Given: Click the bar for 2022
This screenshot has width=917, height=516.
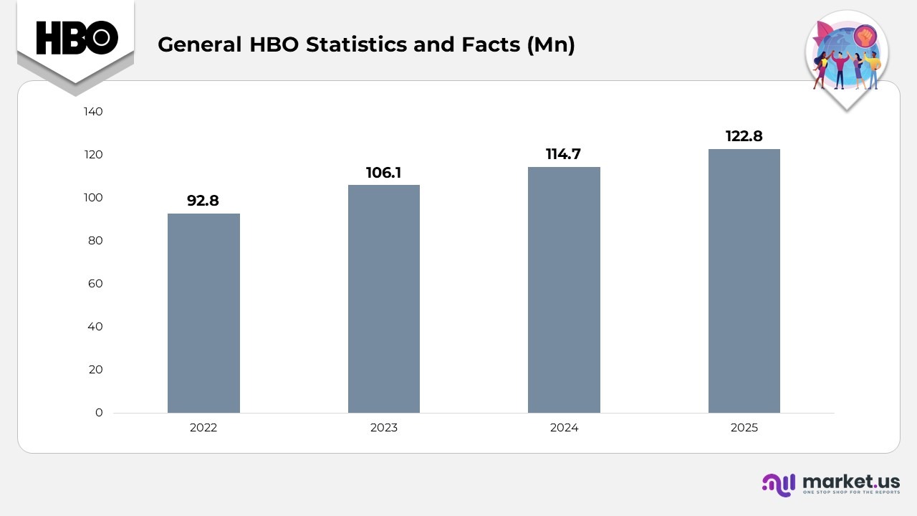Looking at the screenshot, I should pos(203,313).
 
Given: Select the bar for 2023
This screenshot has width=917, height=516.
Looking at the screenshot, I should pos(384,299).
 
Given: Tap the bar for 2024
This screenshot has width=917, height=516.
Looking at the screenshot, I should pos(564,290).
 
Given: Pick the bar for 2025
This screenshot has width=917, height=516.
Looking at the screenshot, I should pos(744,281).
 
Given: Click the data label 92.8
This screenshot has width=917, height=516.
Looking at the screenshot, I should pos(203,201).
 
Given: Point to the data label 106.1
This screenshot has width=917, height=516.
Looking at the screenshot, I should pos(384,172).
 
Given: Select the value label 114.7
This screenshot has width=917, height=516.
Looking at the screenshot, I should pos(564,154).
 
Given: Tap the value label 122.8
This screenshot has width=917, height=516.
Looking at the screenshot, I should pos(744,136).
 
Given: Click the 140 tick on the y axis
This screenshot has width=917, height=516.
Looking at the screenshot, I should pos(94,112).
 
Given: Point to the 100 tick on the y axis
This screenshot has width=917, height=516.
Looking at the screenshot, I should pos(94,198).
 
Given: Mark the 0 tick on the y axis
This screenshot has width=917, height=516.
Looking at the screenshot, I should pos(99,413).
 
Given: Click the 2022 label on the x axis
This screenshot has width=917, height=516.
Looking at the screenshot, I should pos(203,428).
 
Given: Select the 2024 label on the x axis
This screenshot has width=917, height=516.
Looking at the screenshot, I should pos(564,428).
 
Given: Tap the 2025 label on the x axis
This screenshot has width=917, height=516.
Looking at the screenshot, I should pos(744,428).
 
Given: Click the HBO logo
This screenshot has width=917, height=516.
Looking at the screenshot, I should pos(76,37).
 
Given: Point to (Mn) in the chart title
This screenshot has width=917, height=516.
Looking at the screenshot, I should pos(550,44).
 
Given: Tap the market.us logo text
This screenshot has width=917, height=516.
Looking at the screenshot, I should pos(851,481).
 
